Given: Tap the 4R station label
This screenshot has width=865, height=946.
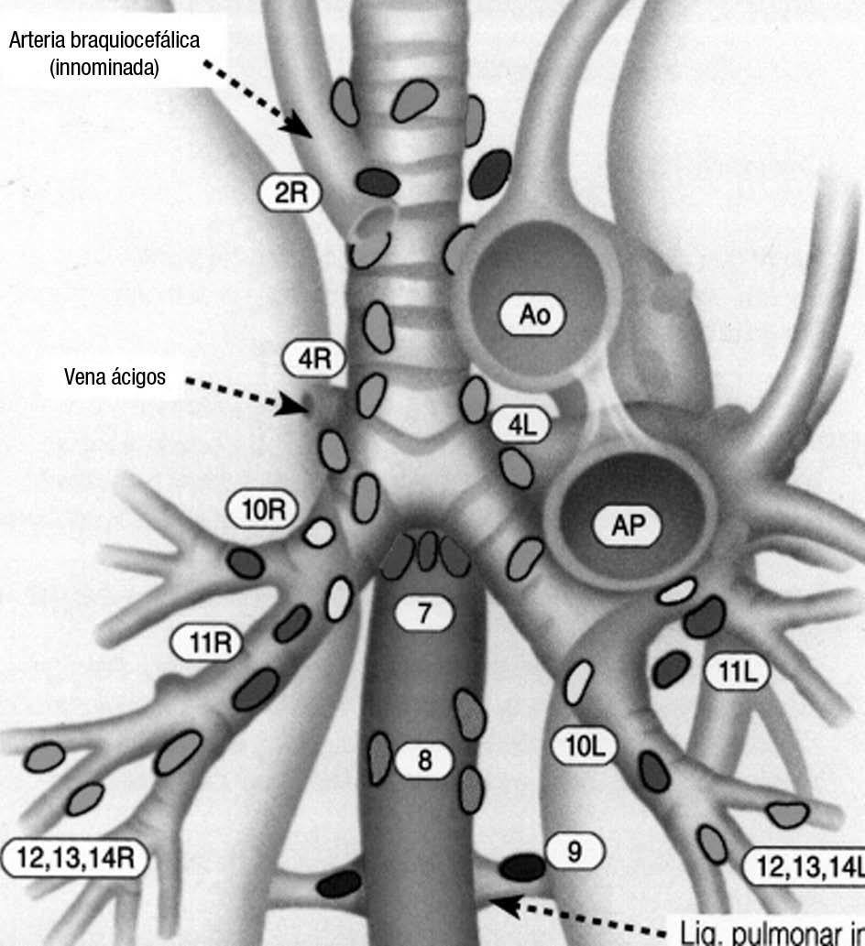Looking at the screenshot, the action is (x=313, y=359).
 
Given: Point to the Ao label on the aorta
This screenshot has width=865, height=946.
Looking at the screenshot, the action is (x=532, y=316).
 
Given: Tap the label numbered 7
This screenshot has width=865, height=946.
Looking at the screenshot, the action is (x=423, y=613).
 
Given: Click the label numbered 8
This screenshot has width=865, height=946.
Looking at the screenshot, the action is (x=423, y=760).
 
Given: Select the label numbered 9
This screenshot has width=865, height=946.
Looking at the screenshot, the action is (x=575, y=852).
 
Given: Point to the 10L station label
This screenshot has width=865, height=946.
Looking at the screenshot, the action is (x=584, y=746).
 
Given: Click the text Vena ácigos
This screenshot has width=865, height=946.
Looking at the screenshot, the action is (x=115, y=376).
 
